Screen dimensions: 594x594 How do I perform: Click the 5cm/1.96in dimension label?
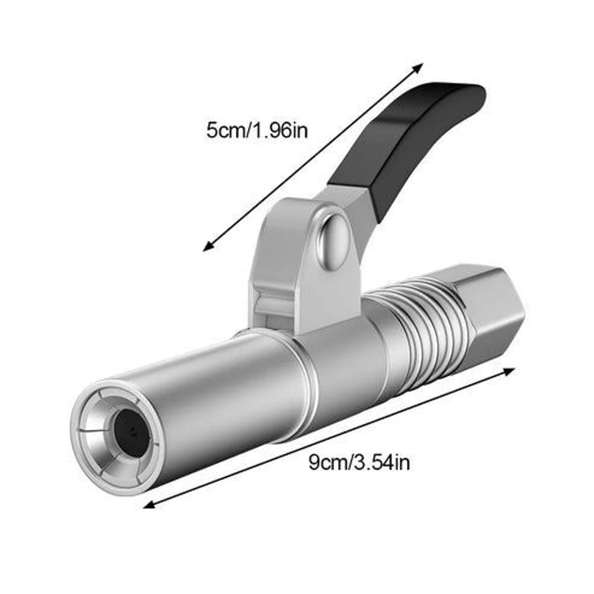pos(257,129)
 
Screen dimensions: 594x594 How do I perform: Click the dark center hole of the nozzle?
pos(130,432)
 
